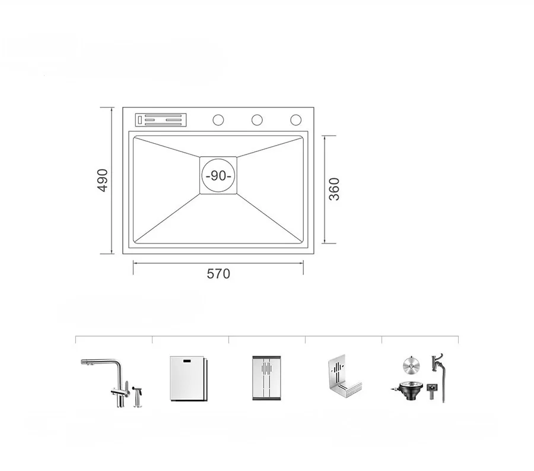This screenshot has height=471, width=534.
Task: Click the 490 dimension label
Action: coord(103,181)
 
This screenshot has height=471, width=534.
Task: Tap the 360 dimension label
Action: coord(334,189)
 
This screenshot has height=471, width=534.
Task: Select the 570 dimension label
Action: coord(218,274)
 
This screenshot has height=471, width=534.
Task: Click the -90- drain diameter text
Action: coord(218,176)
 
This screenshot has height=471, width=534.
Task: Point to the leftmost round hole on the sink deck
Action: coord(218,120)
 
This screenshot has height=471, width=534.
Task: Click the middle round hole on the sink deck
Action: coord(257,120)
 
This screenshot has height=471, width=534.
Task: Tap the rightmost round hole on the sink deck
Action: coord(295,120)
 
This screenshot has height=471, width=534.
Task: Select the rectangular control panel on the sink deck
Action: coord(161,120)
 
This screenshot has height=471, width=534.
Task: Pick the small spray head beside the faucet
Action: coord(138,397)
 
